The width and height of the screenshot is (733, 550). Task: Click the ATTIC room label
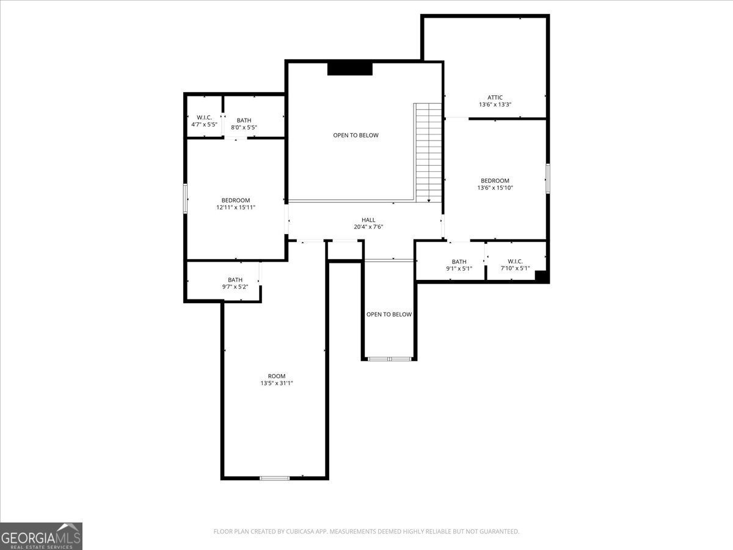[495, 97]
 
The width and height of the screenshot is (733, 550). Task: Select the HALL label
[368, 220]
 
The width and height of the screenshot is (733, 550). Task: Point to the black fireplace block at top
[350, 68]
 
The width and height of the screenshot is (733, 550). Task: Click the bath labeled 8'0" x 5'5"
[244, 123]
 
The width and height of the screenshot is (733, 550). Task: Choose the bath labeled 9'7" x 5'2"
[235, 283]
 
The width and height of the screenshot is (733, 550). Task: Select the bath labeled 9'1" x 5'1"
[459, 265]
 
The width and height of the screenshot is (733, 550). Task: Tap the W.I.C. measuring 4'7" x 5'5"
[204, 120]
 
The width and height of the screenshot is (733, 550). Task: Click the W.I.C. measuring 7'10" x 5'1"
[515, 265]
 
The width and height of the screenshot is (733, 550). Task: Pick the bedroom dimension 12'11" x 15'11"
[235, 207]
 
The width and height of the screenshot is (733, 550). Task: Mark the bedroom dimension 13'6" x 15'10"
[495, 188]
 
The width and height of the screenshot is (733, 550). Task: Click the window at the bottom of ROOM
[274, 478]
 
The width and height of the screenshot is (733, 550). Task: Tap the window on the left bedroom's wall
[186, 199]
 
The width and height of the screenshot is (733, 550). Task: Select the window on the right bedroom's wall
[547, 178]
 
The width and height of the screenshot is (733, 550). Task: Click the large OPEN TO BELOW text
[356, 135]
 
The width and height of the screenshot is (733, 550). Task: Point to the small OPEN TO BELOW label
[388, 314]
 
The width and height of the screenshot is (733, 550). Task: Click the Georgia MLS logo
[41, 536]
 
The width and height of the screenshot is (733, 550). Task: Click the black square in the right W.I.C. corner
[541, 276]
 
